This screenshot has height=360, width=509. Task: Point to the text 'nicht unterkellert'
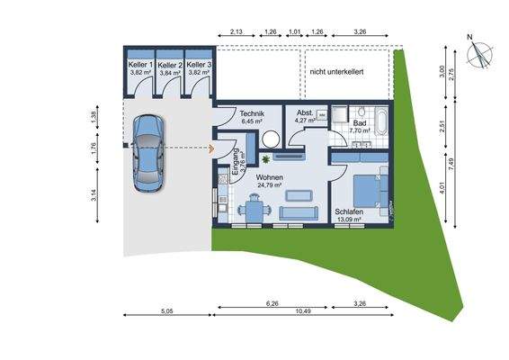(335, 71)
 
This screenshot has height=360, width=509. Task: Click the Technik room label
(252, 114)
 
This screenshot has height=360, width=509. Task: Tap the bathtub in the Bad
(381, 119)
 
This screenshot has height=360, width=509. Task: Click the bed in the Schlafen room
(367, 190)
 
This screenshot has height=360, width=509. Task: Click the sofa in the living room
(299, 212)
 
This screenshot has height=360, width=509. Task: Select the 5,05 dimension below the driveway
(166, 311)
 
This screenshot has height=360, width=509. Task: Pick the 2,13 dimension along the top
(236, 31)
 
